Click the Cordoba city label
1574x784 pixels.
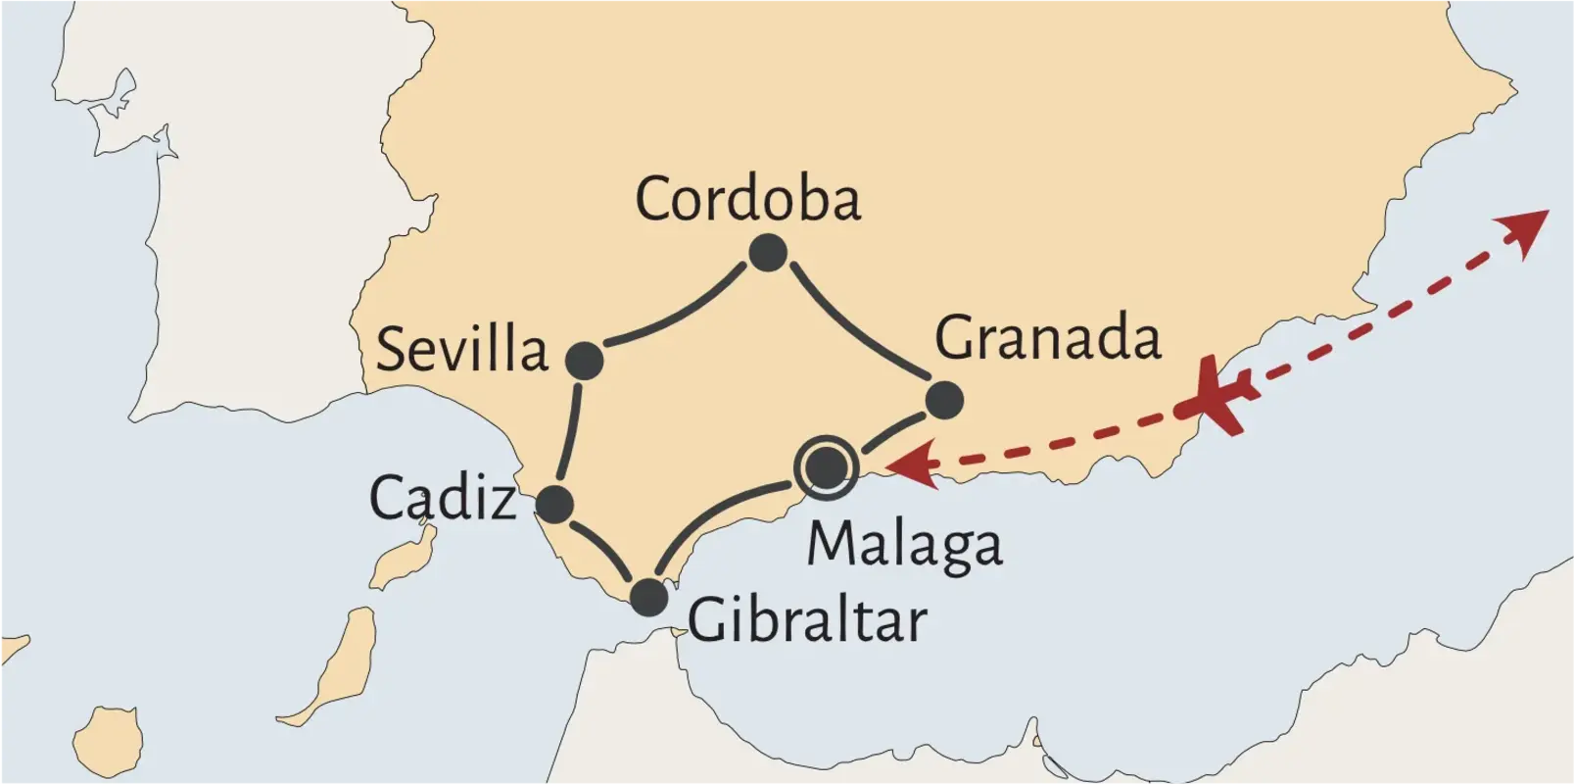(x=748, y=199)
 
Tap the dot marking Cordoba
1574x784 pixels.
(x=768, y=253)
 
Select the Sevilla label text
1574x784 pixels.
(x=462, y=350)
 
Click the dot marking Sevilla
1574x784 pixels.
(x=585, y=361)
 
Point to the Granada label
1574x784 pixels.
(x=1047, y=338)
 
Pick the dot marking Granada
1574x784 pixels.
(x=944, y=400)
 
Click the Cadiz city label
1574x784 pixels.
(x=443, y=498)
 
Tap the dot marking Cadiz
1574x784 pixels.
(x=555, y=504)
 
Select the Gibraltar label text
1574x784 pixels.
(x=807, y=620)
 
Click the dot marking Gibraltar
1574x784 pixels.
(x=648, y=597)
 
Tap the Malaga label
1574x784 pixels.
(x=904, y=545)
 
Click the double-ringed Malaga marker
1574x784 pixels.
(x=827, y=467)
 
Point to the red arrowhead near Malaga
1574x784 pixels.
(x=906, y=464)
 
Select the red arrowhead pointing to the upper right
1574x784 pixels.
(x=1526, y=231)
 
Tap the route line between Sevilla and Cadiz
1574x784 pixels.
(x=570, y=431)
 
